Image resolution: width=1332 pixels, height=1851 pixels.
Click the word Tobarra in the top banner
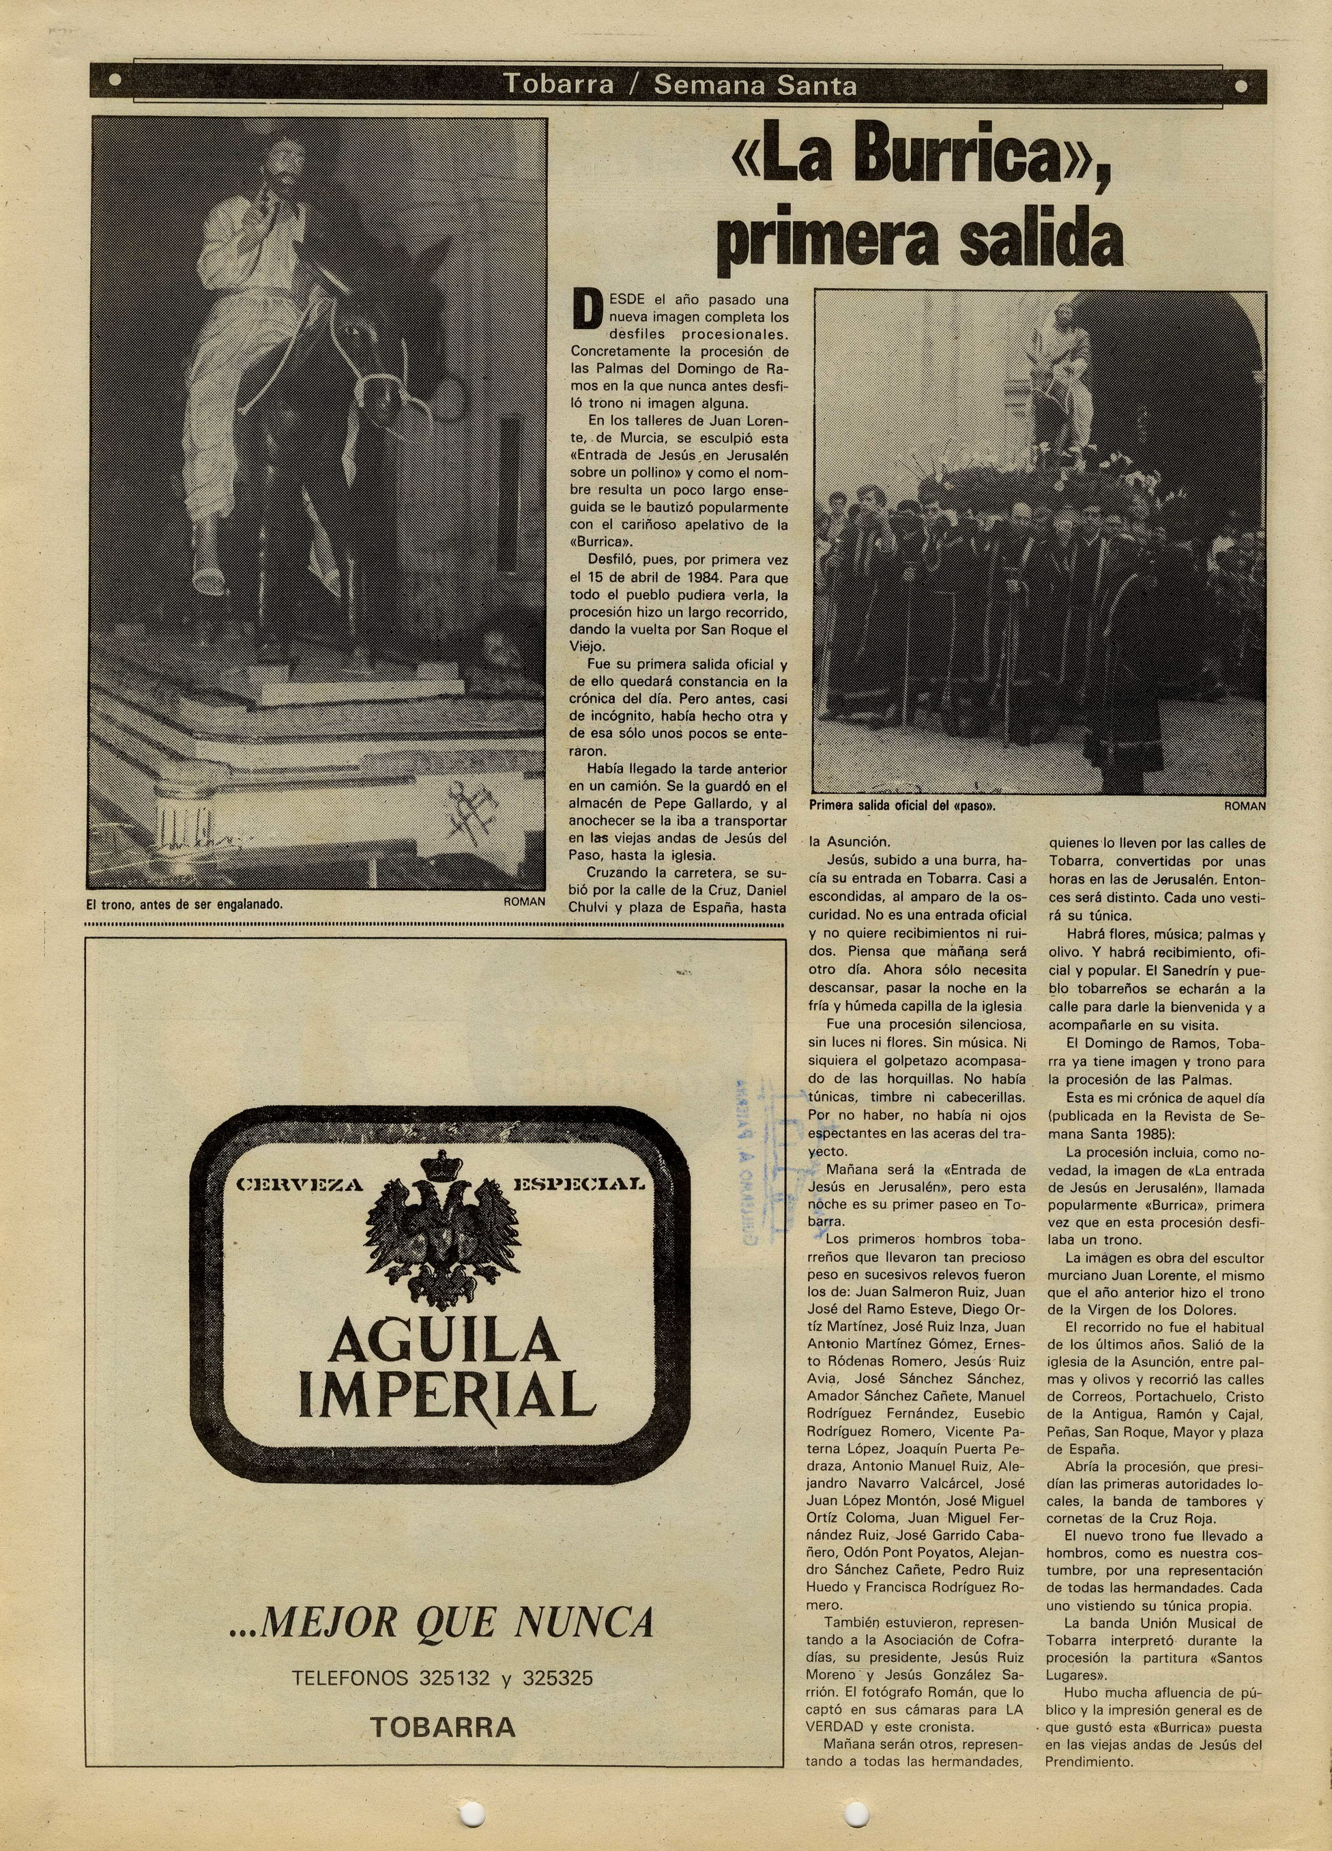[x=558, y=84]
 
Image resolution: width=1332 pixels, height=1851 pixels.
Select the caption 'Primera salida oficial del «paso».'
[x=903, y=805]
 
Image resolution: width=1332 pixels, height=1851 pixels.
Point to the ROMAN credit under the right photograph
[x=1245, y=805]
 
